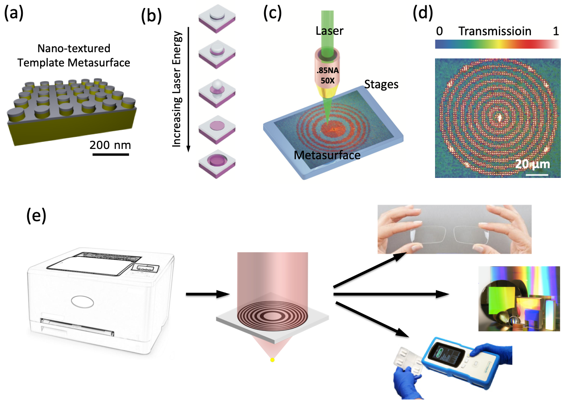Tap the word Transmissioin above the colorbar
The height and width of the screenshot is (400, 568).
pyautogui.click(x=495, y=32)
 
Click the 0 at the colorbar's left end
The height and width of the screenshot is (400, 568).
pyautogui.click(x=439, y=32)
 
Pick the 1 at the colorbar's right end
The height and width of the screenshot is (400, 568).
pyautogui.click(x=556, y=32)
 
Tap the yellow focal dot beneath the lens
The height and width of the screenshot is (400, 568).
pyautogui.click(x=272, y=359)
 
